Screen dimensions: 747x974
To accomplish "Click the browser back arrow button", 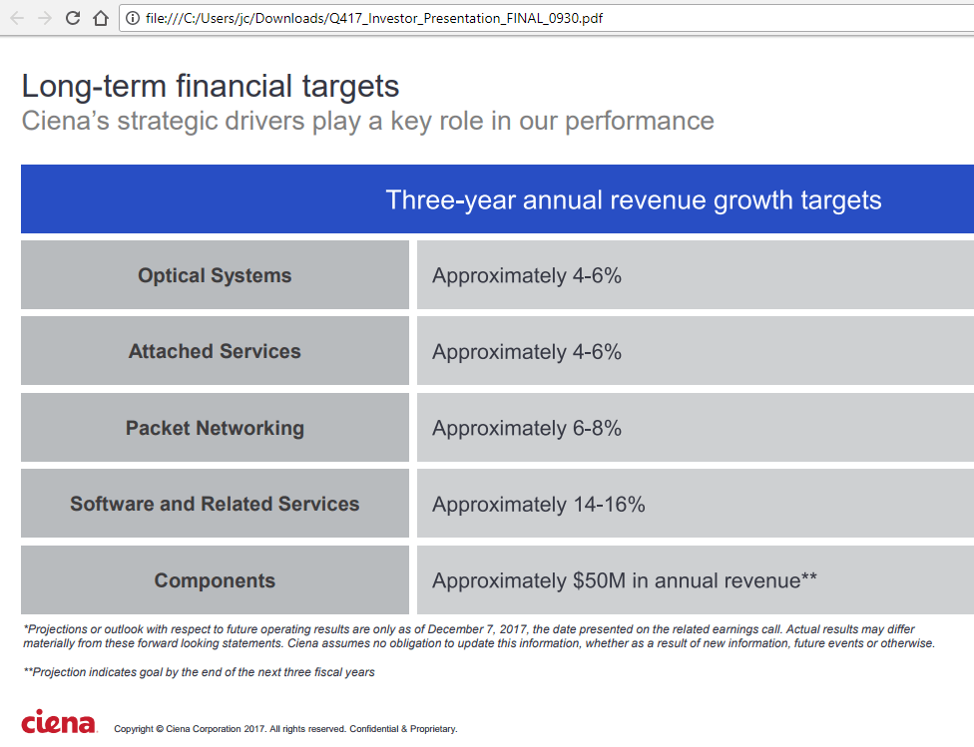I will click(17, 18).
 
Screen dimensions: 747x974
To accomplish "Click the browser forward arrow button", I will click(45, 18).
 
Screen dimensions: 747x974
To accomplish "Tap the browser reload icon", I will click(73, 18).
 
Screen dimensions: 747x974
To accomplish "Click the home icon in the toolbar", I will click(100, 18).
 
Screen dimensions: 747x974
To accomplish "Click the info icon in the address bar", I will click(133, 18).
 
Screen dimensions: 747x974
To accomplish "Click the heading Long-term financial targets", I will click(211, 87).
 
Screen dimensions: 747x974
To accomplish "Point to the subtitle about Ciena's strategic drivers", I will click(367, 122).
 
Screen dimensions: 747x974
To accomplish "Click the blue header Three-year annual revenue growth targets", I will click(633, 199).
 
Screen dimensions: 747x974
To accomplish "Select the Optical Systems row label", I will click(215, 275).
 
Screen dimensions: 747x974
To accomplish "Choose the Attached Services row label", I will click(215, 351).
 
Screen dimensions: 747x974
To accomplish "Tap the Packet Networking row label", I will click(215, 428).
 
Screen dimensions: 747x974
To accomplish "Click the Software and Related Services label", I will click(215, 504).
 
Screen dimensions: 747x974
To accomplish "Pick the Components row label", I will click(215, 580).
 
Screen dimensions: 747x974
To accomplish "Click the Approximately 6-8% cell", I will click(527, 428).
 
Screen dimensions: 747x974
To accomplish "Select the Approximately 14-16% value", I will click(538, 505).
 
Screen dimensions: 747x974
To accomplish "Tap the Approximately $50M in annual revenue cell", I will click(624, 580).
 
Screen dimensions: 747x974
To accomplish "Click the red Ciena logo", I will click(59, 722).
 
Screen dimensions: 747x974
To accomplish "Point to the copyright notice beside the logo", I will click(285, 729).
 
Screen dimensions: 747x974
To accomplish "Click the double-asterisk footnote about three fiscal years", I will click(200, 672).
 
